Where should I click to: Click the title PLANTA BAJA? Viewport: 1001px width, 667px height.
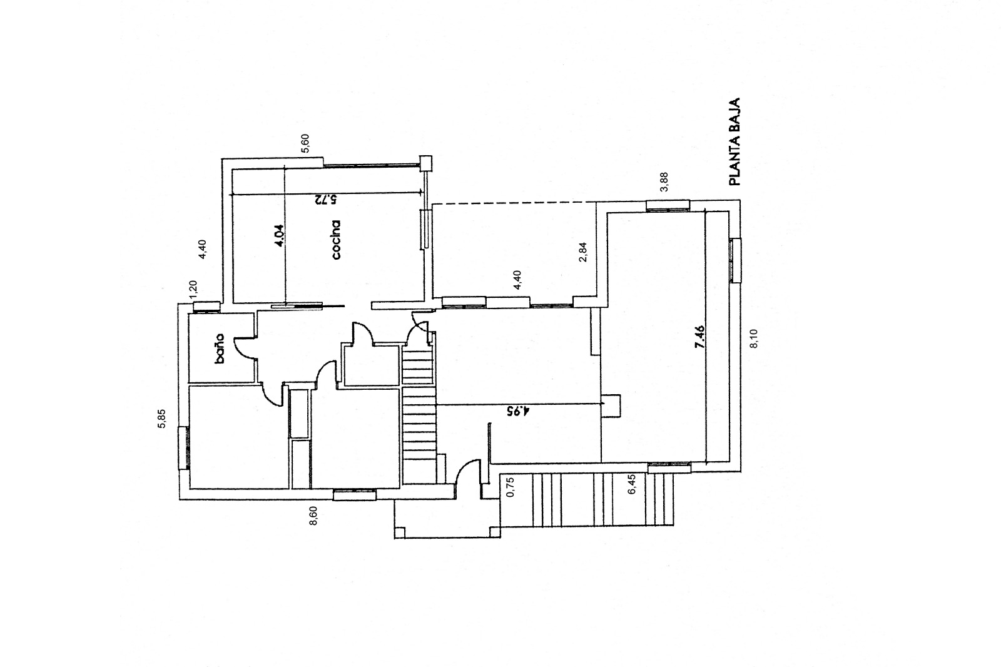click(x=734, y=141)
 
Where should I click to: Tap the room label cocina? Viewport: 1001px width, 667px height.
click(x=336, y=240)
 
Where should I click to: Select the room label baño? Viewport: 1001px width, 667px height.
click(x=219, y=349)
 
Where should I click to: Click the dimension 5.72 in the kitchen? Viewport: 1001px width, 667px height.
click(x=325, y=200)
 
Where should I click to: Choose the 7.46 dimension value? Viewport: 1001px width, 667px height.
click(x=700, y=337)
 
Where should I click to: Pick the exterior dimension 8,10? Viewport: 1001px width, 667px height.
click(x=753, y=339)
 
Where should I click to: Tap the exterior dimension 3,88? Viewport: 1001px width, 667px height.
click(x=664, y=183)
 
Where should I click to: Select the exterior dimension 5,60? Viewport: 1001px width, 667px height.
click(x=305, y=143)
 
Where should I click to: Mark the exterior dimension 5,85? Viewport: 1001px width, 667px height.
click(x=162, y=419)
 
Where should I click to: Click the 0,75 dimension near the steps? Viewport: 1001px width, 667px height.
click(x=511, y=487)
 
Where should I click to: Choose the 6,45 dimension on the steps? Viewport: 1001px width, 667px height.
click(x=631, y=484)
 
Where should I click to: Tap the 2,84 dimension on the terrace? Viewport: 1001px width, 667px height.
click(x=582, y=252)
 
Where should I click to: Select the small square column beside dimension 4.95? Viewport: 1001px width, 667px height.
click(x=611, y=406)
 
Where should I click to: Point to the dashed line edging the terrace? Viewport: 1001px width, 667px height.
click(x=514, y=203)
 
